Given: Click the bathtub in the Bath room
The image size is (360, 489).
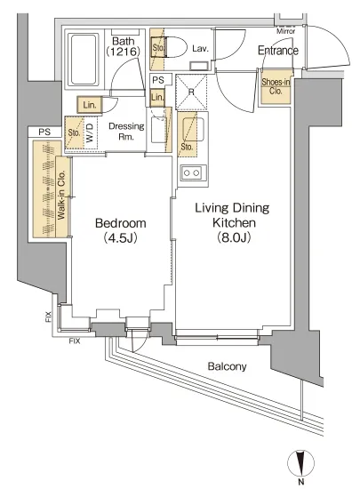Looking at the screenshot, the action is click(x=83, y=60).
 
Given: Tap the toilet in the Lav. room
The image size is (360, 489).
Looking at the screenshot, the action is click(x=173, y=47).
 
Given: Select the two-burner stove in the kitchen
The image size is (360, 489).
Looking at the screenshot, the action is click(x=191, y=172).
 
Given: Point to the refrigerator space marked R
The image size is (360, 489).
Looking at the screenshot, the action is click(x=191, y=92).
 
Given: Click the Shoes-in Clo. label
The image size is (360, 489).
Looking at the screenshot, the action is click(x=276, y=86).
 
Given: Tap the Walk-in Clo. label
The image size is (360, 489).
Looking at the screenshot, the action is click(x=61, y=195).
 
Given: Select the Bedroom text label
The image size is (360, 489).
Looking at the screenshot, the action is click(x=121, y=223).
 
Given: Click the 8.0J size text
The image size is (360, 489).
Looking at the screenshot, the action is click(x=234, y=237).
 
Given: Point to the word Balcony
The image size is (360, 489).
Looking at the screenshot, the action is click(x=227, y=366).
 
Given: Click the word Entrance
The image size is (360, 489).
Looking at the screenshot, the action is click(x=278, y=51).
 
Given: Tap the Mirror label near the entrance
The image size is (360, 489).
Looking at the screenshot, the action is click(x=286, y=31).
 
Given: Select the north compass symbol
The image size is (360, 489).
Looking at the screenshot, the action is click(x=300, y=464).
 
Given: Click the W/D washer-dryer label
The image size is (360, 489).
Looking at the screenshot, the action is click(x=90, y=133).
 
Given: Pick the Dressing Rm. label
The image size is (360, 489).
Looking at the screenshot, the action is click(x=126, y=132).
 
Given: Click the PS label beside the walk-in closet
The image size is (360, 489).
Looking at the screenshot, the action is click(x=44, y=132).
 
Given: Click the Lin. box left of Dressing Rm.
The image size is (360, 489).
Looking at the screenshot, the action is click(x=90, y=105).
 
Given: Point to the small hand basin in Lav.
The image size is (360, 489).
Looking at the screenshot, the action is click(x=199, y=66).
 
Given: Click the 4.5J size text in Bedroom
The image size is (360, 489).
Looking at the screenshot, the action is click(x=121, y=238).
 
